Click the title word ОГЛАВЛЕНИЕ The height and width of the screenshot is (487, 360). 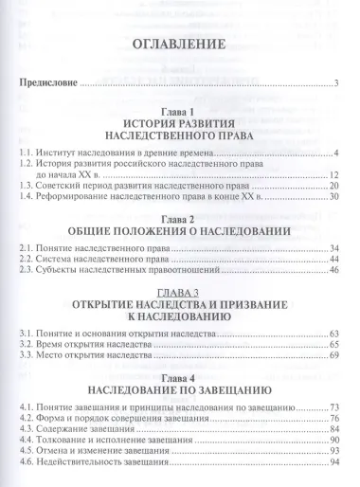tap(179, 45)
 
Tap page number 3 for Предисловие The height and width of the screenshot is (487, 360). tap(336, 86)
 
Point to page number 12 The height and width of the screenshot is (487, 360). tap(333, 176)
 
